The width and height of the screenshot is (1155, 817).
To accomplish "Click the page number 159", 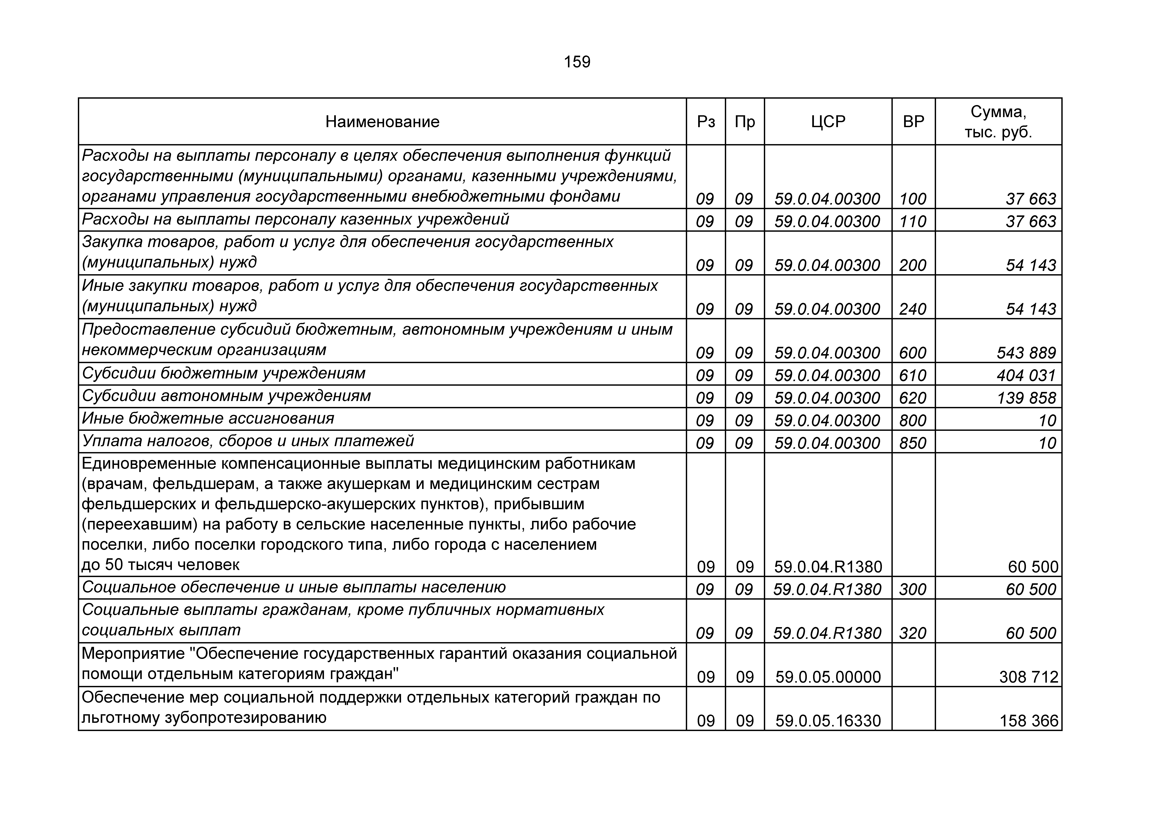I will (x=577, y=62).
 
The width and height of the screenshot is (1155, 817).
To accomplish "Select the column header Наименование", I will (x=382, y=122).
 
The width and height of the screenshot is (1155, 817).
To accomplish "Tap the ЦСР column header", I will (x=828, y=122).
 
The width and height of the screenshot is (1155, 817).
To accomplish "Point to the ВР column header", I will (x=913, y=122).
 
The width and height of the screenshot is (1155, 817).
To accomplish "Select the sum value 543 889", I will (x=1026, y=353).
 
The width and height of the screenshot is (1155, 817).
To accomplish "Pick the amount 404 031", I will (x=1026, y=375).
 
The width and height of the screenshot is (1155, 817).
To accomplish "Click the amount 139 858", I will (x=1026, y=398).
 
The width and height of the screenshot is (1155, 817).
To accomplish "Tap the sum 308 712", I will (x=1029, y=677).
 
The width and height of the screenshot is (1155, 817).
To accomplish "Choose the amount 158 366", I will (x=1029, y=721).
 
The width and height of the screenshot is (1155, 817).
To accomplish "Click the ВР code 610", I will (x=913, y=375).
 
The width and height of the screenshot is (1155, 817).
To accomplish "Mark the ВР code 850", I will (x=913, y=443).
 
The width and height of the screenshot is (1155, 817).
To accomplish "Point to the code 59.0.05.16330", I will (x=828, y=721).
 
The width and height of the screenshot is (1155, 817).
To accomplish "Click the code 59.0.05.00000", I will (x=828, y=677).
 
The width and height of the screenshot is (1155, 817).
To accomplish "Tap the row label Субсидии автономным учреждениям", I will (x=226, y=396).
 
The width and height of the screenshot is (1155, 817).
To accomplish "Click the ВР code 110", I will (x=913, y=222).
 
